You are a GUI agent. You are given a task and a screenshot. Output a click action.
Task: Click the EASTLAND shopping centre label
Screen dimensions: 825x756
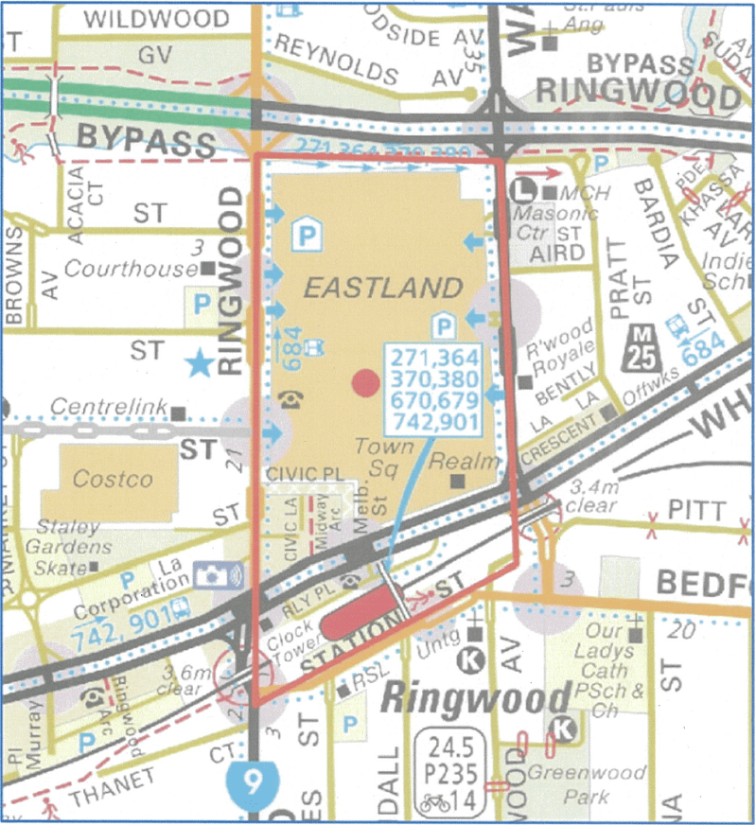coord(383,288)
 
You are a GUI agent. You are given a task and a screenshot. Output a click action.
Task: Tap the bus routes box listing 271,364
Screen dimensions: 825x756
coord(433,389)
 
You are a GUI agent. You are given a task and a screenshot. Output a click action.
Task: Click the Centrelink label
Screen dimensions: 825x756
coord(108,408)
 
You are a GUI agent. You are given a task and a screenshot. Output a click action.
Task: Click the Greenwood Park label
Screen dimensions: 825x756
coord(586,784)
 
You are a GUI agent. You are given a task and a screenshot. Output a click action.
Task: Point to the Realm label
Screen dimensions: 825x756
coord(450,461)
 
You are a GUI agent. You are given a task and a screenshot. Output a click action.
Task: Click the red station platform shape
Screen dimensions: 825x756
coord(360,612)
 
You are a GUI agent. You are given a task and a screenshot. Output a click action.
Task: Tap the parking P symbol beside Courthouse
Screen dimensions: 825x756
coord(202,303)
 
